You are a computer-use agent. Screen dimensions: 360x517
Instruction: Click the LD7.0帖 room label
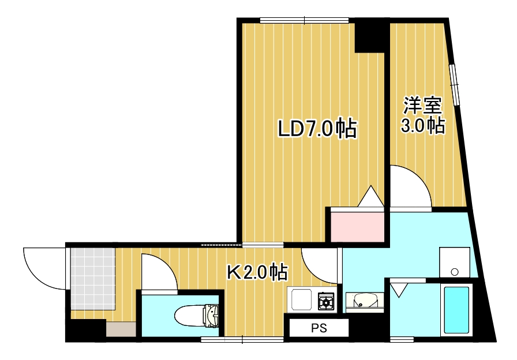317,128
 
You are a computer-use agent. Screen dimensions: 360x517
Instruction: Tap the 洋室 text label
422,106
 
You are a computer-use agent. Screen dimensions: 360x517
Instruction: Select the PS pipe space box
319,328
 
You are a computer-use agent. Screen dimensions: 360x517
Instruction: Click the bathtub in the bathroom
456,310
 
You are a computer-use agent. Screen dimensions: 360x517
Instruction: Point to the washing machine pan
455,263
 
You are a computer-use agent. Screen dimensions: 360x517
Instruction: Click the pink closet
357,227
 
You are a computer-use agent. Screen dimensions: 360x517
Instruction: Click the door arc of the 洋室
411,186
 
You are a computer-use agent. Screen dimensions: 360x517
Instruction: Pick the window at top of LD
304,20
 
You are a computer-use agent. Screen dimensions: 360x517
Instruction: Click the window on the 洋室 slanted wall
456,84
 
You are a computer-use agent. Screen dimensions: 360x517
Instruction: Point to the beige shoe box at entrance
120,329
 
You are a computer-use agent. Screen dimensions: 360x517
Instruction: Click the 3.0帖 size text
423,125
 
